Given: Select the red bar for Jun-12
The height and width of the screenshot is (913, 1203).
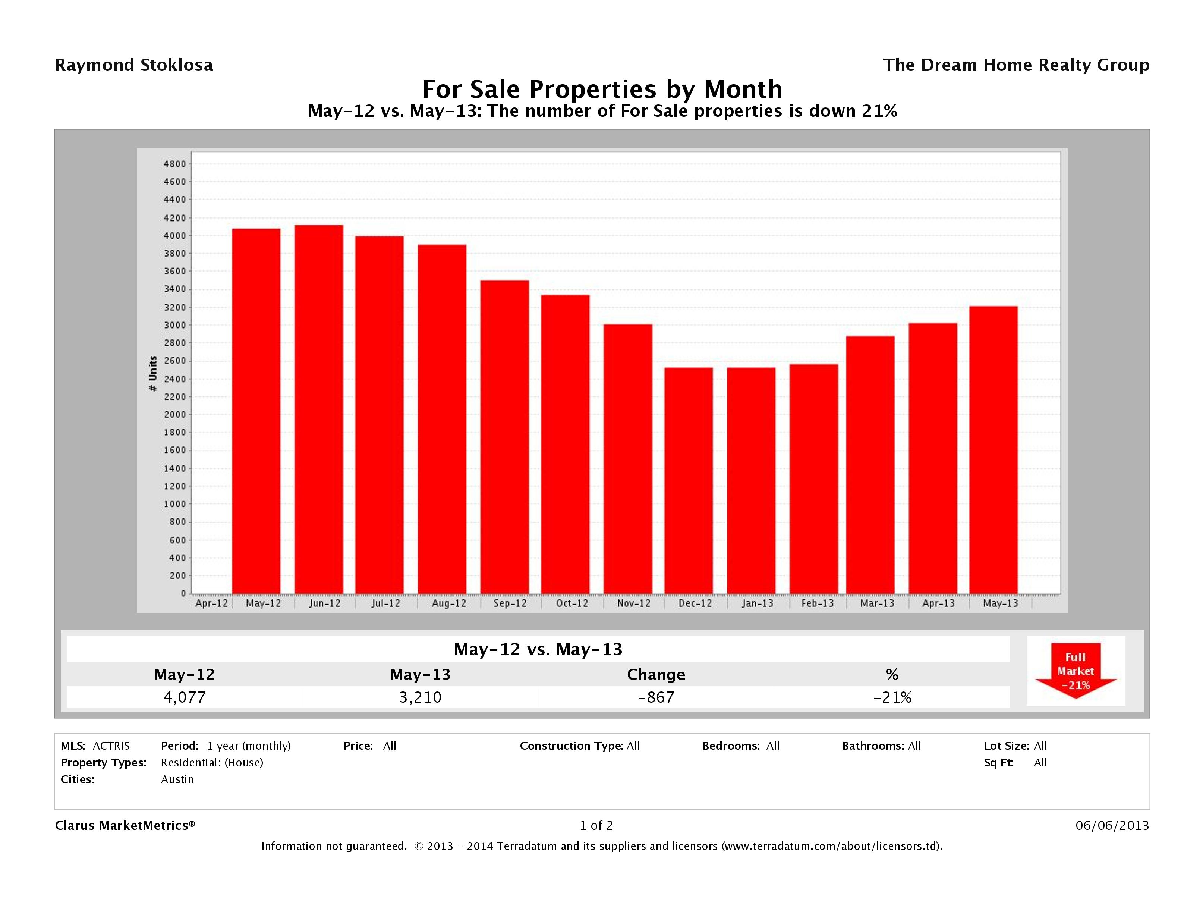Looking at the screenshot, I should [x=319, y=409].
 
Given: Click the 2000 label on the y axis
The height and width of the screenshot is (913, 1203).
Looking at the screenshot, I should [x=174, y=415].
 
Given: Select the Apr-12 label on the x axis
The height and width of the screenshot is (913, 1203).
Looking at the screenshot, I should [x=211, y=603].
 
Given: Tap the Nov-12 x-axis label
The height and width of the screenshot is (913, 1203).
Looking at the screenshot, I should [x=634, y=603].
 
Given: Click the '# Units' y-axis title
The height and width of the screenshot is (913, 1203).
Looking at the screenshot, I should [x=153, y=374].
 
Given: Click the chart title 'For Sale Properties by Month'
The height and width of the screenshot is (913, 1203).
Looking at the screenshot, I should [x=602, y=89].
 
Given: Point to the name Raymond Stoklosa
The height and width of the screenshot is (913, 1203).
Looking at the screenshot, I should [x=134, y=65].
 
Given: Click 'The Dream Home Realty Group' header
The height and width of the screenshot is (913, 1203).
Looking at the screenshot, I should [x=1015, y=65].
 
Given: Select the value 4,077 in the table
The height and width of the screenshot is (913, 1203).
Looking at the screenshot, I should [x=185, y=697].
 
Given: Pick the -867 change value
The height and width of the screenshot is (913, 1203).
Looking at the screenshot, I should [x=656, y=697].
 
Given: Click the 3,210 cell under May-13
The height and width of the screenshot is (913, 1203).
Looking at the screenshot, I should [x=421, y=697].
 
